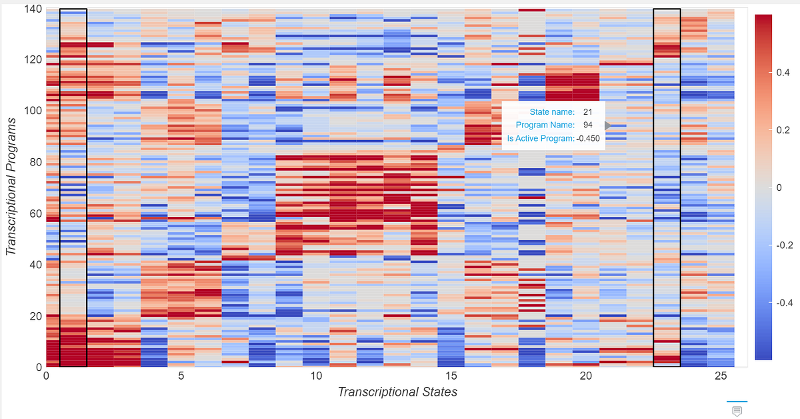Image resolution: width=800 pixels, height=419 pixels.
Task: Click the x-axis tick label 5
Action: tap(181, 376)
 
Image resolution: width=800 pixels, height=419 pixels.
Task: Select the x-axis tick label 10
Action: tap(315, 376)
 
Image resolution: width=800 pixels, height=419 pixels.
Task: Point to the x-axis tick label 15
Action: tap(451, 376)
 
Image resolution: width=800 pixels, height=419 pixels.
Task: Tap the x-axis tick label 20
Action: tap(585, 376)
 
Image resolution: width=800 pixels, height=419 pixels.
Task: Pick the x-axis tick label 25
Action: tap(721, 376)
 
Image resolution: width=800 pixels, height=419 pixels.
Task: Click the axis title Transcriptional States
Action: tap(397, 392)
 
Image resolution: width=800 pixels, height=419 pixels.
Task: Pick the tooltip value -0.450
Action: tap(588, 139)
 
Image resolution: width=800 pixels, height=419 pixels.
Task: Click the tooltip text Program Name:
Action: tap(545, 125)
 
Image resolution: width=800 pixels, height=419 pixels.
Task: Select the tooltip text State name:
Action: tap(552, 112)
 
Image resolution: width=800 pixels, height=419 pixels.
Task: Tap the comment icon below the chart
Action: tap(737, 410)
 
